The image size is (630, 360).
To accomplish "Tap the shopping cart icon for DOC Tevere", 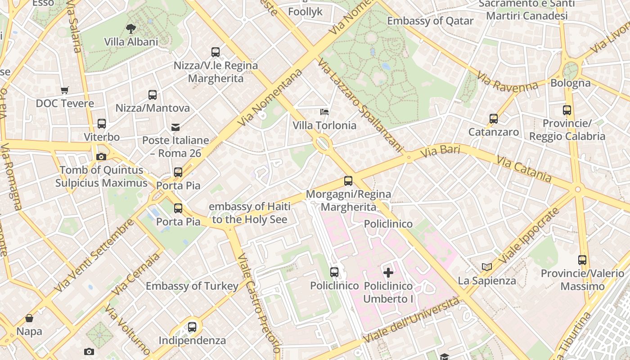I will coord(65,90).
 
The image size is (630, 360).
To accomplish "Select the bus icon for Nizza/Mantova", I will coord(153,95).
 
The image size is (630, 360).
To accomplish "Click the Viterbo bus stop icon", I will coord(102,124).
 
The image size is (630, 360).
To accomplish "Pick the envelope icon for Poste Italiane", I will coord(175,127).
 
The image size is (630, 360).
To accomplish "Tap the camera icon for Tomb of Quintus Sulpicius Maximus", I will coord(101,157).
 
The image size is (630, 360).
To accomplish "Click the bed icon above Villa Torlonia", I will coord(324,112).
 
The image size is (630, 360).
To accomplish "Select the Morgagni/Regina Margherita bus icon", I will coord(348,181).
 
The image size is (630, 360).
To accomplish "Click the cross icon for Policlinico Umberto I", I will coord(388,272).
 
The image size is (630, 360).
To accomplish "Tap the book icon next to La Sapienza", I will coord(486,267).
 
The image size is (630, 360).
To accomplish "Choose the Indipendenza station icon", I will coord(192,327).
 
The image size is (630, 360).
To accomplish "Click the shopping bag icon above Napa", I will coord(29,319).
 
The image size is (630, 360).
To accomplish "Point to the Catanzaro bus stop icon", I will coord(494,119).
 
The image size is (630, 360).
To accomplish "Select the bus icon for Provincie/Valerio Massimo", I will coord(582,260).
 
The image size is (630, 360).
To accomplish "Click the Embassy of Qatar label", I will coord(430,21).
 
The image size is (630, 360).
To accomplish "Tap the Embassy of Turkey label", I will coord(192,286).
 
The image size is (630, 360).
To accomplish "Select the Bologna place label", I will coord(571,83).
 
